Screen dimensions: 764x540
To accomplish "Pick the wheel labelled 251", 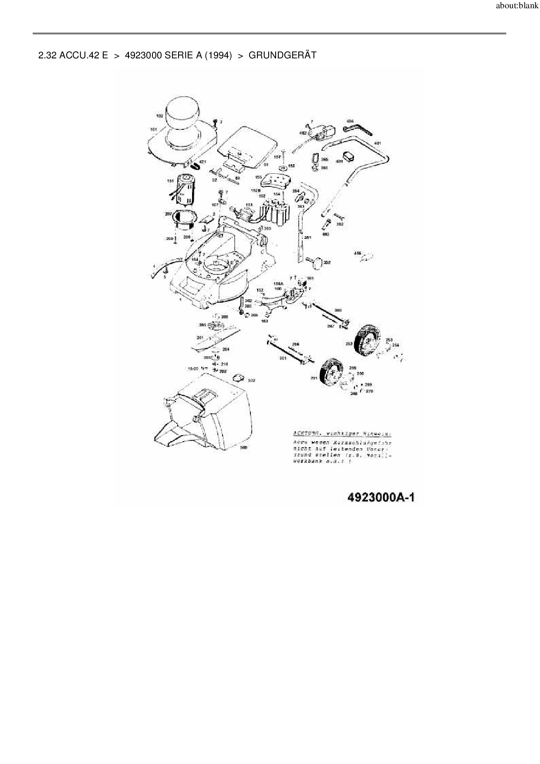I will coord(332,373).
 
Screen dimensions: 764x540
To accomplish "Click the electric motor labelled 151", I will coord(186,190).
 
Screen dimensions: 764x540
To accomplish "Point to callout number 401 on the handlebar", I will coord(378,143).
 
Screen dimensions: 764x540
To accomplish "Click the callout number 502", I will coord(251,380).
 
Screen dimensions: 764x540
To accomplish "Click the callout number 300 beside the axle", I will coord(337,310).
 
